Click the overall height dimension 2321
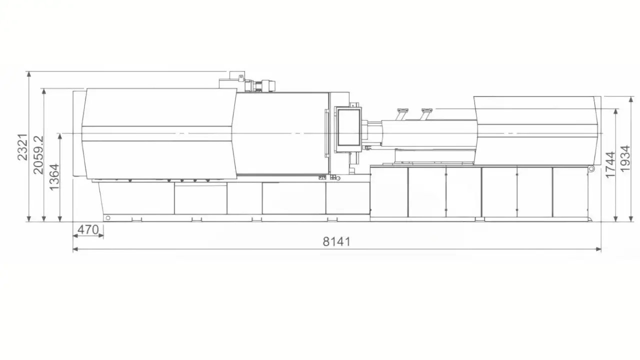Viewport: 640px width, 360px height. point(22,147)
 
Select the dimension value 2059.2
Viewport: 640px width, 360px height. point(38,155)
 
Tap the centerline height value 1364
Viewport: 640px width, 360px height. point(54,177)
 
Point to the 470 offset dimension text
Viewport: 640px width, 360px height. point(88,229)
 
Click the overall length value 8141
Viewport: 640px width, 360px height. point(336,241)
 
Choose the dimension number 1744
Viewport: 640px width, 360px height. point(610,164)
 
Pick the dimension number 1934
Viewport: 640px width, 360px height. point(625,158)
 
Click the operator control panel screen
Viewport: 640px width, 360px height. point(348,127)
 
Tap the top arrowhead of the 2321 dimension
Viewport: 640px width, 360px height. point(28,74)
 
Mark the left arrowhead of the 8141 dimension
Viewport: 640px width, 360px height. point(76,249)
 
